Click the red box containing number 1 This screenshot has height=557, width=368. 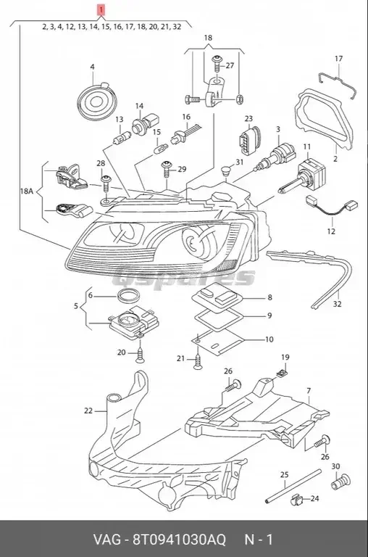pyautogui.click(x=102, y=10)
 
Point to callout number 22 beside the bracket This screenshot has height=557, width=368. pyautogui.click(x=88, y=410)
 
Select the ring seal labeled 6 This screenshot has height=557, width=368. pyautogui.click(x=128, y=294)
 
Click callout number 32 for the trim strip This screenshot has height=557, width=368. pyautogui.click(x=337, y=305)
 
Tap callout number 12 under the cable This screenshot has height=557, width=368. pyautogui.click(x=331, y=232)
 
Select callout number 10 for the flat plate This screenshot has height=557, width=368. pyautogui.click(x=249, y=339)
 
